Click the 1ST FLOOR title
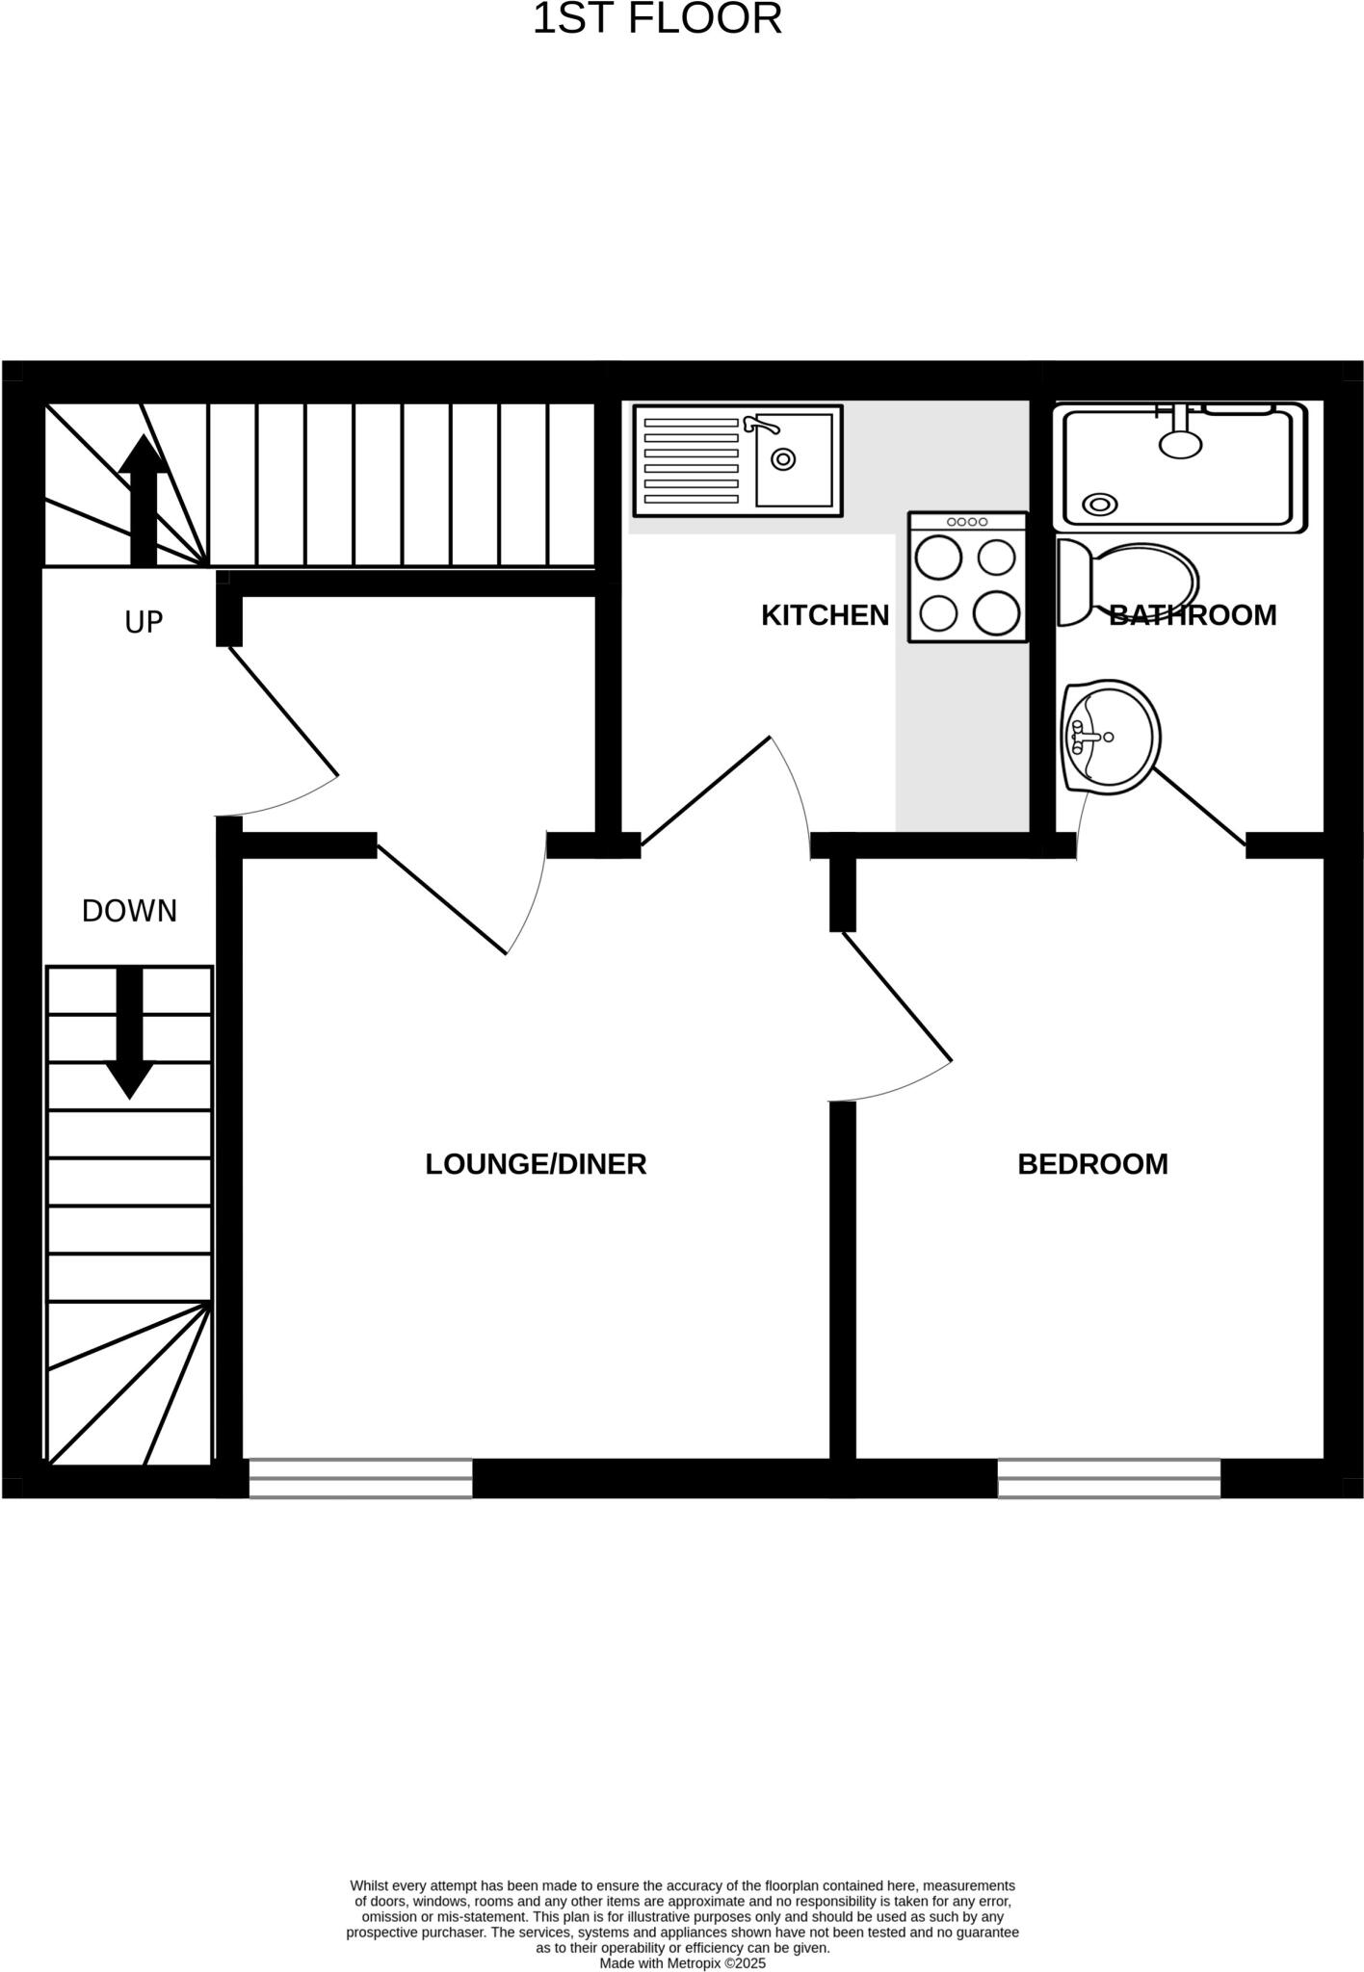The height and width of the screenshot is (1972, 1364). (x=657, y=20)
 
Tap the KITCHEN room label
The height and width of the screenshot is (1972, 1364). (x=825, y=615)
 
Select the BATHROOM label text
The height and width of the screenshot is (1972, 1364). (x=1193, y=615)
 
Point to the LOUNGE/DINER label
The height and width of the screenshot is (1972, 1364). (x=536, y=1164)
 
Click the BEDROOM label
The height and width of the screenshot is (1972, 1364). (x=1092, y=1164)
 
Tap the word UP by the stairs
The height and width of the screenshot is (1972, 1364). (x=144, y=623)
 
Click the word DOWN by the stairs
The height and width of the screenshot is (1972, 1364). (x=129, y=911)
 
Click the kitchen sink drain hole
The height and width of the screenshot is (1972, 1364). (x=783, y=459)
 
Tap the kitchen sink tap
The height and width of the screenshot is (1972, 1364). (x=760, y=425)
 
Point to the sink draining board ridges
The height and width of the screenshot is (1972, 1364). (x=691, y=460)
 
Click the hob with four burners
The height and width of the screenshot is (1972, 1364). (x=967, y=577)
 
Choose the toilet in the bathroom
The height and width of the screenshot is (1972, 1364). (x=1127, y=584)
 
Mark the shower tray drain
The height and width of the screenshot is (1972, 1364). (x=1099, y=504)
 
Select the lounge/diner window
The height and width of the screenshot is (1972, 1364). (x=360, y=1478)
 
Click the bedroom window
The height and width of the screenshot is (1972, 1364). (x=1109, y=1478)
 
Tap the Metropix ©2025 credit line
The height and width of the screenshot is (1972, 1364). (x=682, y=1962)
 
